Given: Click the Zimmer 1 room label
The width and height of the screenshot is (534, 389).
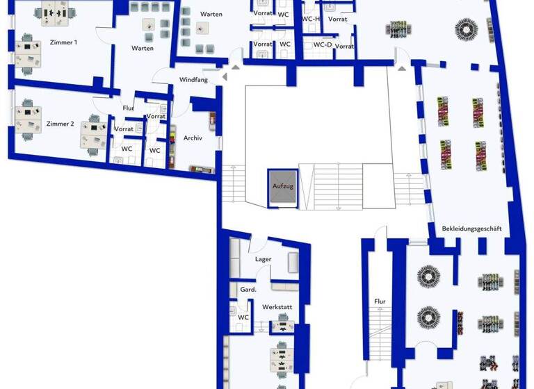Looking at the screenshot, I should (63, 42).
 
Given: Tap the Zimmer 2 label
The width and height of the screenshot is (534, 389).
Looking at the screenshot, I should (60, 124).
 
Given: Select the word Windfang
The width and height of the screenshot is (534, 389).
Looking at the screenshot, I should (193, 80).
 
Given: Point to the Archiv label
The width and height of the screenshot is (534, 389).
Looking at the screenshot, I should (193, 138).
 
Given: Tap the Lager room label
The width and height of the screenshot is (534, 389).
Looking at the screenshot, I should (263, 259).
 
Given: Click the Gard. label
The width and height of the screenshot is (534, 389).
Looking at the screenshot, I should (248, 289).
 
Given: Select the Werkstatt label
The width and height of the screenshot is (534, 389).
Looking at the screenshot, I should (276, 306).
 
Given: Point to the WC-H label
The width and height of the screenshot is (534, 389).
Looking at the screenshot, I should (311, 19).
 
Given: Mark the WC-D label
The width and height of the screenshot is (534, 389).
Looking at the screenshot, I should (322, 44).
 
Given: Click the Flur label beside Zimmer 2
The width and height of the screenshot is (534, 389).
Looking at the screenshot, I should (128, 108).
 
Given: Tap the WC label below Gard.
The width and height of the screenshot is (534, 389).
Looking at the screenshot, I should (243, 317).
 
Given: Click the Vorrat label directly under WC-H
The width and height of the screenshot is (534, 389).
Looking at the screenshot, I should (337, 19).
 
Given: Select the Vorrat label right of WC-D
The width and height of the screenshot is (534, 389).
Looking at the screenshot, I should (345, 47).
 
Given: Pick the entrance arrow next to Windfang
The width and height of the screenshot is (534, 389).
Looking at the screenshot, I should (235, 67).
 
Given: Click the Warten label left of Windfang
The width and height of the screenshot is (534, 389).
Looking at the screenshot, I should (143, 49).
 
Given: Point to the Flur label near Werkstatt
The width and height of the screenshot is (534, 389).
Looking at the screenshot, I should (380, 301).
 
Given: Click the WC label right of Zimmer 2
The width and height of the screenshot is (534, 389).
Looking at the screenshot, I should (127, 148).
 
